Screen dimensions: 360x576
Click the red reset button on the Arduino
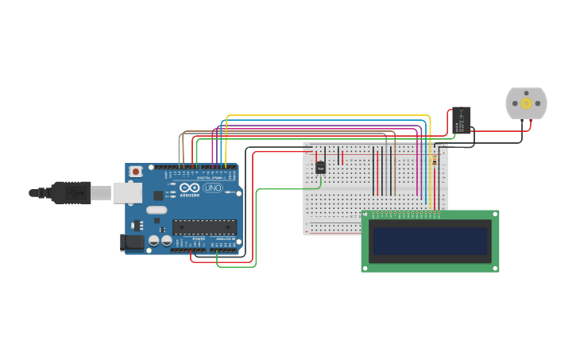pos(136,171)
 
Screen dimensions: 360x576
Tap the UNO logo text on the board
pos(213,188)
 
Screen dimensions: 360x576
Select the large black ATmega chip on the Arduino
pos(204,226)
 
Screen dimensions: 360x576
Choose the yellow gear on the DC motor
pos(526,103)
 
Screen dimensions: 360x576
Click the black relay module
pos(462,121)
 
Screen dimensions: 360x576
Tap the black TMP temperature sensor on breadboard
pos(321,168)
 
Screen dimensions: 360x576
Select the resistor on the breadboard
pos(434,160)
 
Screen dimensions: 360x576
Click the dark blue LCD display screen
pos(431,242)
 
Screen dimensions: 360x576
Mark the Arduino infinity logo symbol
pos(189,188)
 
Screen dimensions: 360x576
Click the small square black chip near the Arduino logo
pos(157,195)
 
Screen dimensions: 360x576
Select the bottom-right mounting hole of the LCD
pos(496,268)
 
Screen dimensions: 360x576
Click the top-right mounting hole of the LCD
pos(496,215)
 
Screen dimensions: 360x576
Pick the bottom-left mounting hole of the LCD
pos(365,268)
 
